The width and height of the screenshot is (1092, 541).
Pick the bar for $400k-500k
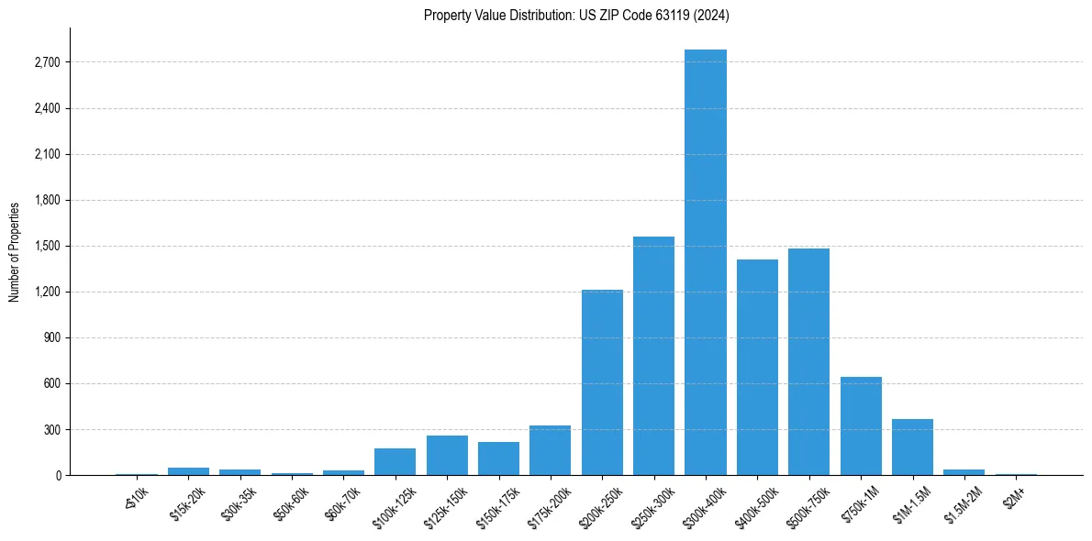point(757,367)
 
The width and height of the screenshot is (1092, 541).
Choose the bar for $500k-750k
point(808,361)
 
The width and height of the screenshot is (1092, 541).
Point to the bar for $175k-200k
point(550,450)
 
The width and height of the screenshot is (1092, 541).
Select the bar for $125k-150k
point(447,455)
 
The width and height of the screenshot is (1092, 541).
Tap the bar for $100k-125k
point(395,461)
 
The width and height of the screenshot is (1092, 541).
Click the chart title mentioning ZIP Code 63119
point(576,15)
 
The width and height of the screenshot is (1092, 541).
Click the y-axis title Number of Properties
point(15,251)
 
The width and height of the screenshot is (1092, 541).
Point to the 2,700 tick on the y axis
point(47,62)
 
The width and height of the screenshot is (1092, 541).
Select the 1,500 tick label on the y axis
point(47,246)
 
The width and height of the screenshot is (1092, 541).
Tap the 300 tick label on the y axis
point(50,429)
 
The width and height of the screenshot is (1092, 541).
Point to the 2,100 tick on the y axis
point(47,154)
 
